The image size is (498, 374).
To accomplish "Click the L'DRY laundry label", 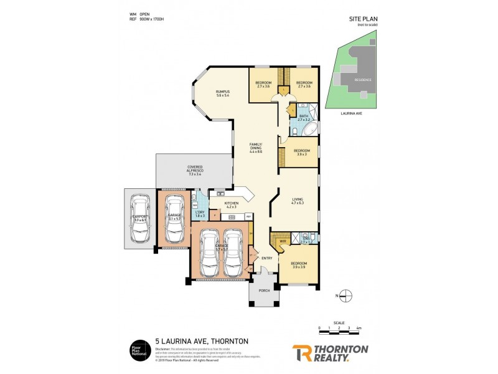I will [x=200, y=214].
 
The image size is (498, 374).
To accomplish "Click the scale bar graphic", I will [x=340, y=332].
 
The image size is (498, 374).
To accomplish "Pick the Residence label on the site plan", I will [x=362, y=80].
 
